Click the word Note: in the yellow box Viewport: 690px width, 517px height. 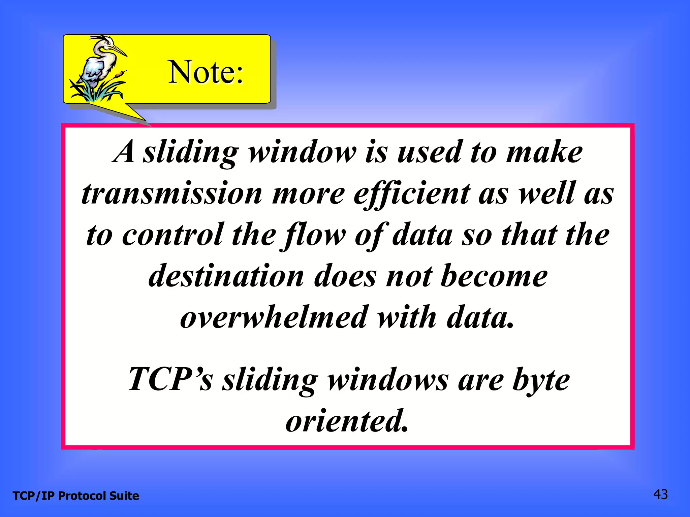tap(206, 72)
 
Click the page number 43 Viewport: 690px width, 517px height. tap(660, 494)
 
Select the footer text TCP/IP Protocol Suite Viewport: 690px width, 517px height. tap(76, 496)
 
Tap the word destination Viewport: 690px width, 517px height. tap(226, 276)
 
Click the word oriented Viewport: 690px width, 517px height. tap(347, 421)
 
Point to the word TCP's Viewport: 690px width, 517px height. tap(170, 379)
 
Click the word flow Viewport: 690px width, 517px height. tap(315, 235)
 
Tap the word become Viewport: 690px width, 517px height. tap(494, 276)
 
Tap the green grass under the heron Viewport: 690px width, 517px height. tap(98, 93)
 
